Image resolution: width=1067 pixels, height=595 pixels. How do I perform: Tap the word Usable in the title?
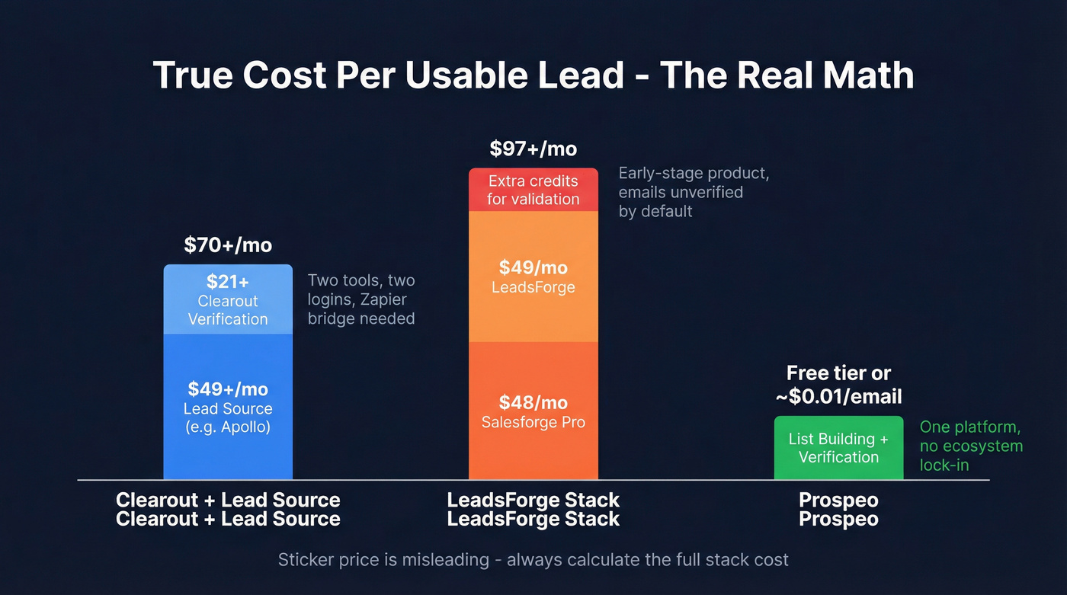(463, 75)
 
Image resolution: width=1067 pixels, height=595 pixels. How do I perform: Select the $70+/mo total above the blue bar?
(228, 245)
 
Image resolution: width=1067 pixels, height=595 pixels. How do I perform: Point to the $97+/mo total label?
(533, 148)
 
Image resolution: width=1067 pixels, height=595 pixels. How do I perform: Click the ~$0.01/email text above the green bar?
(838, 396)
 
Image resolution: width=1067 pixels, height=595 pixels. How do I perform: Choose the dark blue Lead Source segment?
(228, 408)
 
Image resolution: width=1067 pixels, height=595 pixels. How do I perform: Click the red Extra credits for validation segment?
(533, 190)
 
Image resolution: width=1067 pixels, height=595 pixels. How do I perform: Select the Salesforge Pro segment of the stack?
(533, 411)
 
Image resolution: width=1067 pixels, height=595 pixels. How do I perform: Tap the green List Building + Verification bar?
(838, 448)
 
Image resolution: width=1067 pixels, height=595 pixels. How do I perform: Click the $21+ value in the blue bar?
(228, 282)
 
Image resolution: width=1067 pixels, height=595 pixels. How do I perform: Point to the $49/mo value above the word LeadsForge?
(533, 267)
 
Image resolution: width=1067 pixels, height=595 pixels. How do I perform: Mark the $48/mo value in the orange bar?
(533, 402)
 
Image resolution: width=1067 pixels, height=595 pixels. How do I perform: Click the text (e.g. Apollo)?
(228, 427)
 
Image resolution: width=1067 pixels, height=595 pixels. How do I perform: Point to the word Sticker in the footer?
(307, 560)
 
